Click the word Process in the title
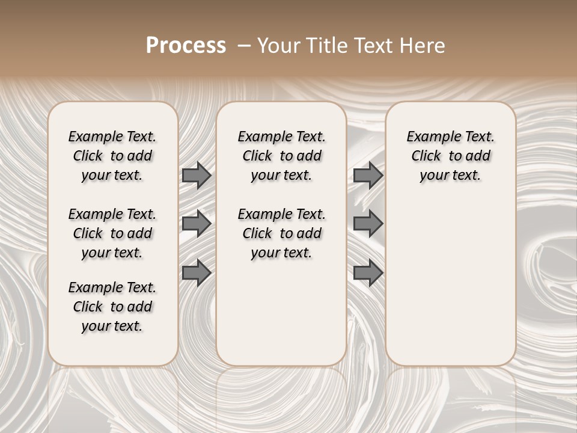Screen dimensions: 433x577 186,46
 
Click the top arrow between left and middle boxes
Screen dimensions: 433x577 197,175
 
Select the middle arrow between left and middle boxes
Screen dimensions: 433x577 197,224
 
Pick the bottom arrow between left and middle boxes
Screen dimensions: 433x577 197,273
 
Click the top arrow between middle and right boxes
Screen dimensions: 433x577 368,175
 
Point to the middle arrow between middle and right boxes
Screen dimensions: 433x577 368,224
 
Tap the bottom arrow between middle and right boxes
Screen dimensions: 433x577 368,273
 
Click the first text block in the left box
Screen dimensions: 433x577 112,156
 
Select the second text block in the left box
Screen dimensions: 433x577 112,233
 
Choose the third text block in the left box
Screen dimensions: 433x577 112,307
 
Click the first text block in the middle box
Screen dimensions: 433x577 281,156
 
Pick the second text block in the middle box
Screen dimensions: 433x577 281,233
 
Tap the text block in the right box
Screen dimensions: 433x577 451,156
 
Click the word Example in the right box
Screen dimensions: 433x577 429,137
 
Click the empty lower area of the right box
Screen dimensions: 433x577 451,277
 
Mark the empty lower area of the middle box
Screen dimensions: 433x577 281,313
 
